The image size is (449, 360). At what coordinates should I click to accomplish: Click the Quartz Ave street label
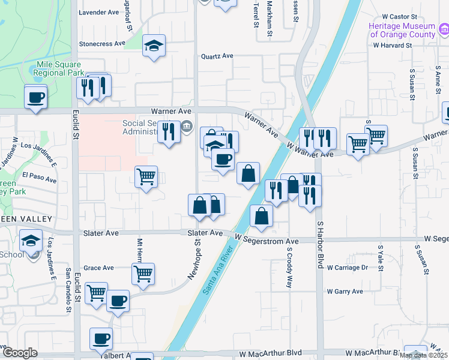(217, 56)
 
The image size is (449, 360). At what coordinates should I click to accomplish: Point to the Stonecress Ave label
(102, 44)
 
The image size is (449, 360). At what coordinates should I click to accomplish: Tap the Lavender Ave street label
(100, 12)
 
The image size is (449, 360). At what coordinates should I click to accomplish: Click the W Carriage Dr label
(346, 268)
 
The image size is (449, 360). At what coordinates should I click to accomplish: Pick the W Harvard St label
(392, 45)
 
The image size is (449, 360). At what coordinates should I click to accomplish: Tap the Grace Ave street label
(98, 268)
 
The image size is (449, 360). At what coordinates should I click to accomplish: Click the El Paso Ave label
(39, 178)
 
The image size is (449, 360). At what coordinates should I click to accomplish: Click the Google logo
(20, 353)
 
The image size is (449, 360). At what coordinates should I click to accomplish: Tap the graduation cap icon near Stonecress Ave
(154, 45)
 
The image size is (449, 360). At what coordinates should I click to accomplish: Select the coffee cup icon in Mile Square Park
(35, 96)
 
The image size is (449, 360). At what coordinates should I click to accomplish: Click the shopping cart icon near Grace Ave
(143, 273)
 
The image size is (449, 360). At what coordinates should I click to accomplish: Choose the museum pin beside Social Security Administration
(187, 126)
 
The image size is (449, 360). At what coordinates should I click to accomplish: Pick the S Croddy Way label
(289, 268)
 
